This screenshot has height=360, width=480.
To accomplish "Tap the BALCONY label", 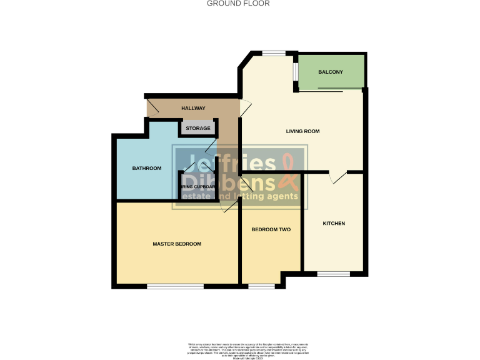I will (331, 72).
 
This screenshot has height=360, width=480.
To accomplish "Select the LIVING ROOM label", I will (302, 131).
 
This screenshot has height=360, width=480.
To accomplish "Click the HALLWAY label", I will (193, 108).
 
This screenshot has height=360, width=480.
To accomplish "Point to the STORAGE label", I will (197, 128).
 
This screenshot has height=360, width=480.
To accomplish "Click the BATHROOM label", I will (146, 168).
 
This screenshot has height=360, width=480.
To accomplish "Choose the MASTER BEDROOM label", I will (177, 244).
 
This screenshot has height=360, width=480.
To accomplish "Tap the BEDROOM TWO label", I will (271, 230).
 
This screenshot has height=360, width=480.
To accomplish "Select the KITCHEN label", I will (334, 223).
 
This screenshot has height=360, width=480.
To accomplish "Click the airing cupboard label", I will (198, 186).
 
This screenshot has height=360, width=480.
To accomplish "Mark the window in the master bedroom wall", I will (175, 286).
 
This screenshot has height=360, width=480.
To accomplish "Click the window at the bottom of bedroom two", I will (261, 286).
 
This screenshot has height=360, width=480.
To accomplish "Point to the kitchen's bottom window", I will (333, 274).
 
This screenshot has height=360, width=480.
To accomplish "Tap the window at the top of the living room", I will (272, 53).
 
